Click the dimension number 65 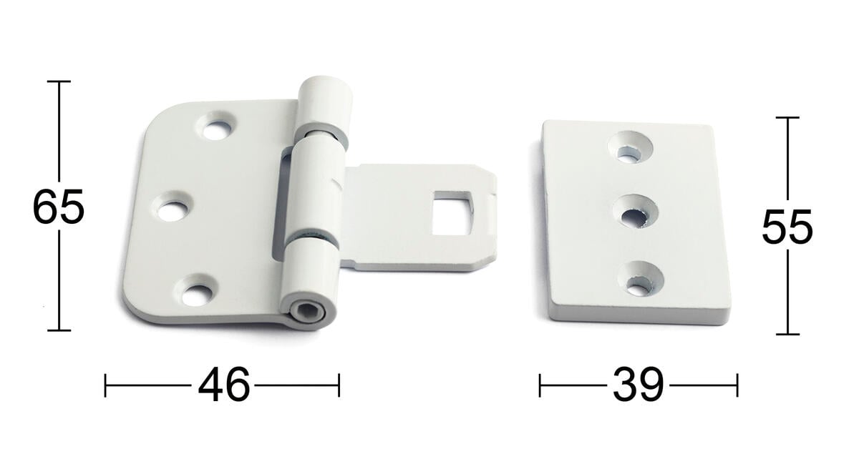click(58, 207)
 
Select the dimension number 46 click(223, 385)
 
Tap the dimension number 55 click(787, 227)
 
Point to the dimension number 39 click(638, 385)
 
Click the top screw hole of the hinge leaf click(216, 126)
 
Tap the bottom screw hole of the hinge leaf click(196, 291)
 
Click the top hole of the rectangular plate click(631, 147)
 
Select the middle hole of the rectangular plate click(636, 212)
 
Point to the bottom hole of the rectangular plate click(641, 279)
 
